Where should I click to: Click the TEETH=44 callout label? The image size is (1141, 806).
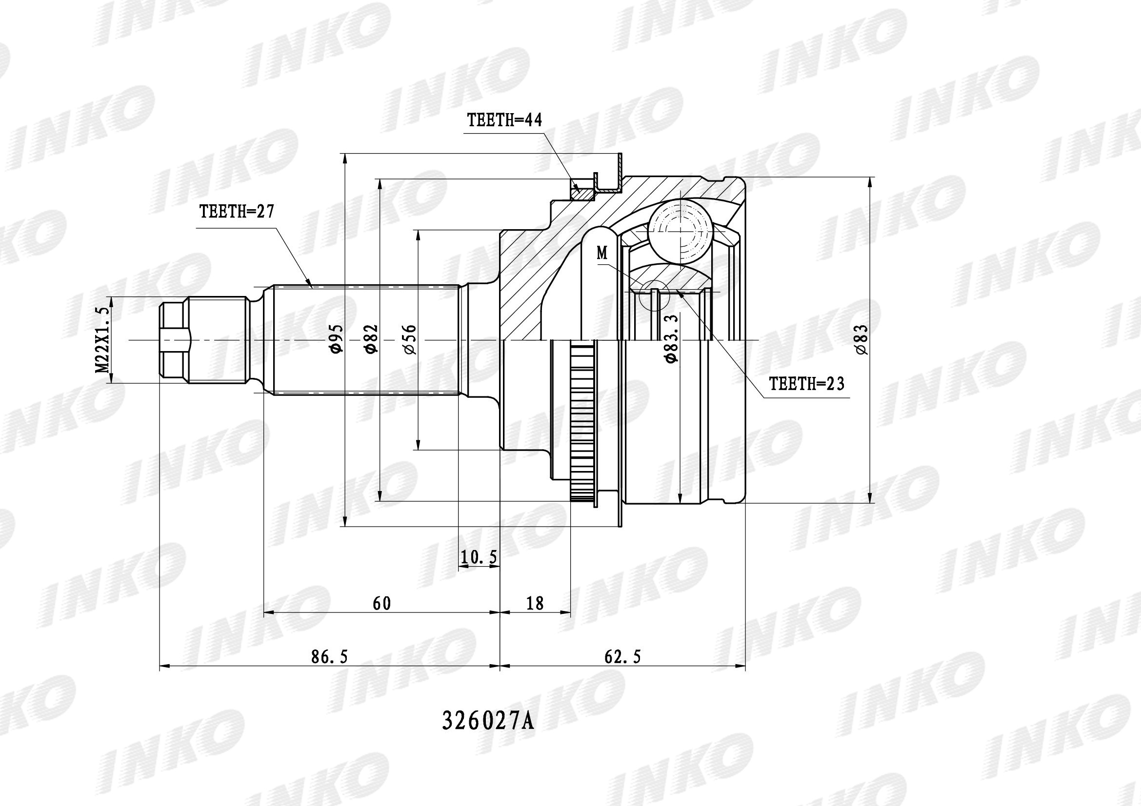coord(504,120)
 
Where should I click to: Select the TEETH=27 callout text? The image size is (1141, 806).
coord(237,212)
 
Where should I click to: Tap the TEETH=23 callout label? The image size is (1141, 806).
coord(807,383)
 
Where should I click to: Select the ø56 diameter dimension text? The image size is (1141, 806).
coord(410,339)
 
